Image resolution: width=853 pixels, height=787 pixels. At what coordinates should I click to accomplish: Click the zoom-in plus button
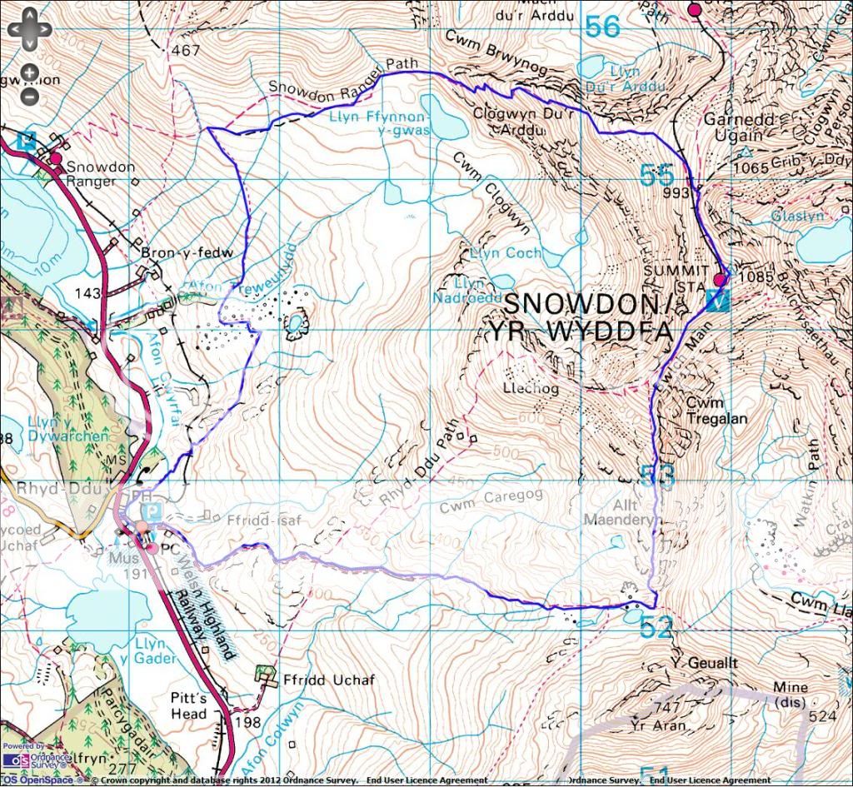point(28,72)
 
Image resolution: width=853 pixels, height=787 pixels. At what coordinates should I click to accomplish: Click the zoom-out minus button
point(28,95)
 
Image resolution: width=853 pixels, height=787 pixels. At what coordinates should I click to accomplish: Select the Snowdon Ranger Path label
point(332,81)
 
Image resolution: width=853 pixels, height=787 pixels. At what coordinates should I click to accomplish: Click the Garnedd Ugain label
point(734,127)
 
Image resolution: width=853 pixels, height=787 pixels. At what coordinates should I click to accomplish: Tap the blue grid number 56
point(602,27)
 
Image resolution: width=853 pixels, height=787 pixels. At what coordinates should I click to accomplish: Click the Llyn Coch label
point(506,252)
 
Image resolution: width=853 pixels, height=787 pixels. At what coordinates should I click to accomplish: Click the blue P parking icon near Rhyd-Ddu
point(150,511)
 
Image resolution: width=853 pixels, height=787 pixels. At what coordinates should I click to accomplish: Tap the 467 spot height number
point(186,51)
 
